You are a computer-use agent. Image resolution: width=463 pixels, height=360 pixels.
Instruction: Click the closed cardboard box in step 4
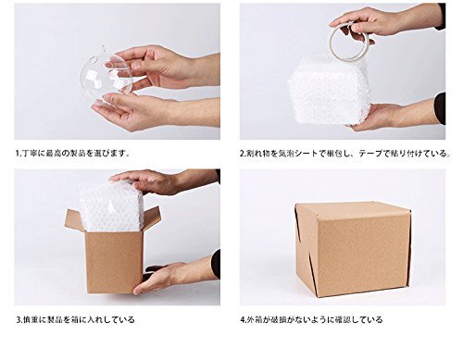tap(353, 249)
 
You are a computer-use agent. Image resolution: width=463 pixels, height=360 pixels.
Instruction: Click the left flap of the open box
tap(74, 221)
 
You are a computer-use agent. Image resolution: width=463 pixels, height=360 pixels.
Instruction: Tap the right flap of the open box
tap(151, 218)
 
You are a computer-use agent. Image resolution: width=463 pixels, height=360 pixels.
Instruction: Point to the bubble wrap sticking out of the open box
tap(111, 206)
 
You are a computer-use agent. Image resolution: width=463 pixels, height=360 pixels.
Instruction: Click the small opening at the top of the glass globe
tap(103, 48)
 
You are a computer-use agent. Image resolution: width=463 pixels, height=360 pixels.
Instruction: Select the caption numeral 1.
tap(18, 153)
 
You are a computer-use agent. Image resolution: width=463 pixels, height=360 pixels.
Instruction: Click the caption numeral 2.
tap(243, 154)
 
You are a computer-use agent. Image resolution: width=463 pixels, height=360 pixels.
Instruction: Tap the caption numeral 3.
tap(18, 319)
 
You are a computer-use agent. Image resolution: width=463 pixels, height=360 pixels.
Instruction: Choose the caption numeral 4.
tap(243, 319)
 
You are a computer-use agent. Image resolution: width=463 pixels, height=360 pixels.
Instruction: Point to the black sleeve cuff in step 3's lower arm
tap(216, 264)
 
